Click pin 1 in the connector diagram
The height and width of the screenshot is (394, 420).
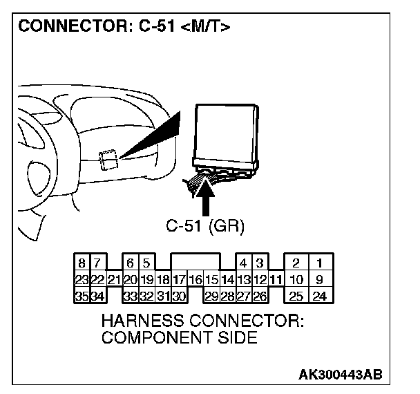pos(319,263)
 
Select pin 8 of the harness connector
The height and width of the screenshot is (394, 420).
pos(82,263)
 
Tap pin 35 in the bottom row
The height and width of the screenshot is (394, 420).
pos(82,297)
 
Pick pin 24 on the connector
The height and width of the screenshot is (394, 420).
pos(319,297)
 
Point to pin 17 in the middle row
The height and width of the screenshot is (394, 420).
pos(179,280)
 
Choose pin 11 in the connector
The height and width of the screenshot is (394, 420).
pos(276,280)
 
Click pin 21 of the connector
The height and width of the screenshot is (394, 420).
pos(114,280)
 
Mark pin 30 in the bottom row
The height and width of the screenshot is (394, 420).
pos(179,297)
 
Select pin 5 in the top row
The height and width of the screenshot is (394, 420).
pos(146,263)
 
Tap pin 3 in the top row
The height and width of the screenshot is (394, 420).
pos(259,263)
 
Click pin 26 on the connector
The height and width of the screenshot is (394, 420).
pos(259,297)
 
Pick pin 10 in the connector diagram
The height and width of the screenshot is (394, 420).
pos(296,280)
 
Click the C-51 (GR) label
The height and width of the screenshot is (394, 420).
pos(206,226)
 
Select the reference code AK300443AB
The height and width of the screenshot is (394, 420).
pos(339,374)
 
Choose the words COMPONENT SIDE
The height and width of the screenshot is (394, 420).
pos(179,338)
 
